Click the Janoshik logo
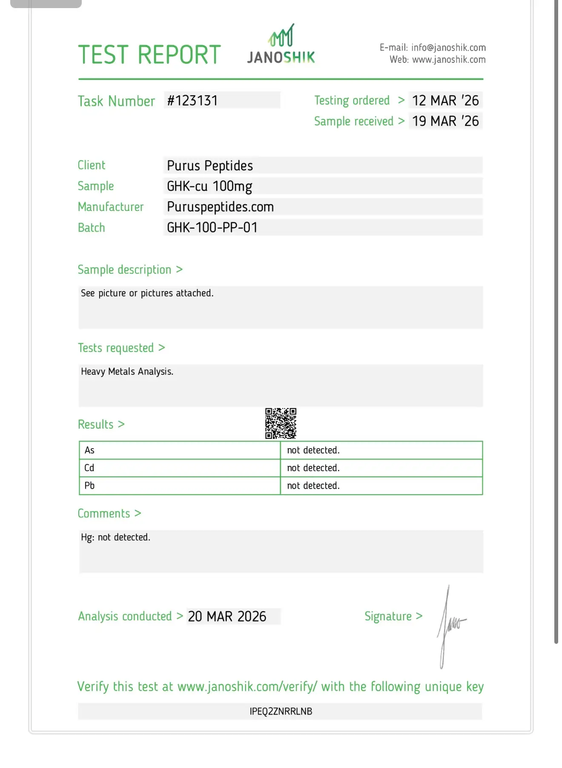click(281, 45)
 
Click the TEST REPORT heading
click(149, 55)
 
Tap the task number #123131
click(192, 101)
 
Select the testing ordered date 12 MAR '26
click(445, 101)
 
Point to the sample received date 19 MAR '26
click(445, 121)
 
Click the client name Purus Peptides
click(210, 165)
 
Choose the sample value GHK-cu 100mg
click(209, 186)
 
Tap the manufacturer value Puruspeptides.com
click(220, 207)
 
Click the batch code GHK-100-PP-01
click(212, 228)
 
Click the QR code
click(281, 423)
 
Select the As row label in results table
click(89, 450)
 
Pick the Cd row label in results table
click(89, 468)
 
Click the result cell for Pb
click(313, 486)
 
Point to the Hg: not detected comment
click(115, 538)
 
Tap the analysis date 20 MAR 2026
click(227, 617)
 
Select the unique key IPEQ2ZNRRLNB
click(281, 711)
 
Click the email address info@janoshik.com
click(448, 48)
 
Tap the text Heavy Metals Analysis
click(127, 372)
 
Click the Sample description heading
click(124, 270)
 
